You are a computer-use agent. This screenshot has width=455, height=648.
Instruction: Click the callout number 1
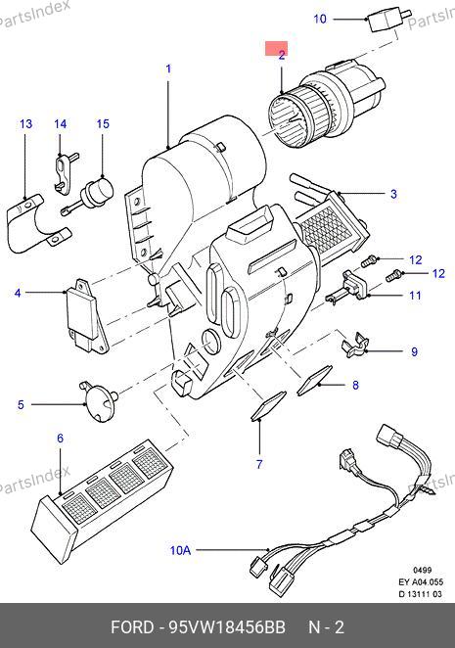coord(168,69)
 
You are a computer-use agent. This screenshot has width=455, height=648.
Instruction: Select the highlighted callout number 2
coord(282,55)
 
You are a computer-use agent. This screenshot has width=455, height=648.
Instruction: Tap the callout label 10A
coord(181,550)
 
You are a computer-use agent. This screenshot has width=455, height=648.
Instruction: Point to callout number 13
coord(25,123)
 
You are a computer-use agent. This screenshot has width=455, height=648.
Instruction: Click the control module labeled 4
coord(87,316)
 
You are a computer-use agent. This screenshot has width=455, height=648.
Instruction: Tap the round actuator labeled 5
coord(99,401)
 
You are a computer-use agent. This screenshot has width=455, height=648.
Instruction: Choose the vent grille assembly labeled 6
coord(101,499)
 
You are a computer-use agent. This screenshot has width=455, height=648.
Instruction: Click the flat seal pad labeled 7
coord(268,405)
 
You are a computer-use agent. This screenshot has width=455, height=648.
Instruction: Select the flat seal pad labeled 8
coord(314,380)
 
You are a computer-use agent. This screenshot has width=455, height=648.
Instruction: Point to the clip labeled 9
coord(354,346)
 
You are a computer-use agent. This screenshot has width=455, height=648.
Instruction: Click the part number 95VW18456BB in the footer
coord(227,627)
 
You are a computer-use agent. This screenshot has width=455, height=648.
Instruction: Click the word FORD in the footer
coord(132,627)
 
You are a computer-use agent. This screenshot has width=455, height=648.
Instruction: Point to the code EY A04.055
coord(421,581)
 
